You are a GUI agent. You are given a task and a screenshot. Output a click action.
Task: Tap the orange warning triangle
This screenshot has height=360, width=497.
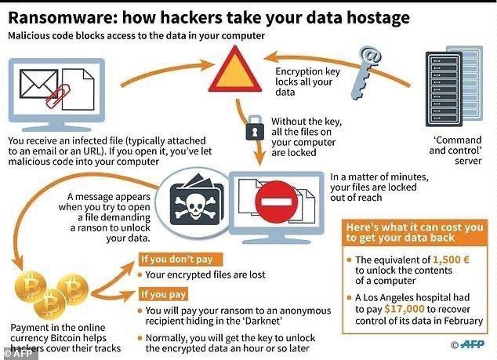[240, 71]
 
